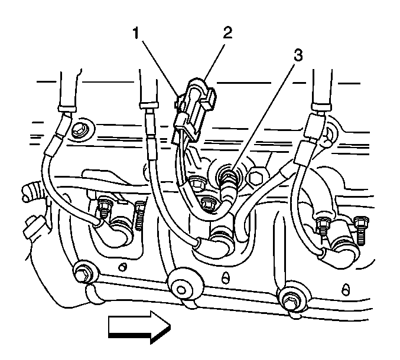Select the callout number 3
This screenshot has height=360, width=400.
coord(299,56)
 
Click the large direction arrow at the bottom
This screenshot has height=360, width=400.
coord(139,326)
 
